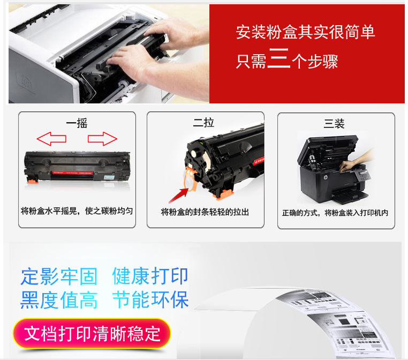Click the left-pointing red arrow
[51, 138]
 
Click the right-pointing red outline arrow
[102, 138]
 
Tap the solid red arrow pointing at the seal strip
[178, 195]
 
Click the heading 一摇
[77, 123]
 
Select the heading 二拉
[203, 123]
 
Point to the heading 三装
[334, 123]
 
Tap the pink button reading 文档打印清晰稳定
[92, 333]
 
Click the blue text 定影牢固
[59, 276]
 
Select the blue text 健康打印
[150, 276]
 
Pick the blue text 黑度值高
[59, 300]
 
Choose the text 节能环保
[150, 299]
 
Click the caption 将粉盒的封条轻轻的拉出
[205, 212]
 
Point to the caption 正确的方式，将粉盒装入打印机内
[335, 213]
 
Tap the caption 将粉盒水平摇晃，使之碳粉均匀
[77, 211]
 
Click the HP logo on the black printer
[325, 177]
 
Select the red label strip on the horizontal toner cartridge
[73, 172]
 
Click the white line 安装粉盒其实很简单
[305, 32]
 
